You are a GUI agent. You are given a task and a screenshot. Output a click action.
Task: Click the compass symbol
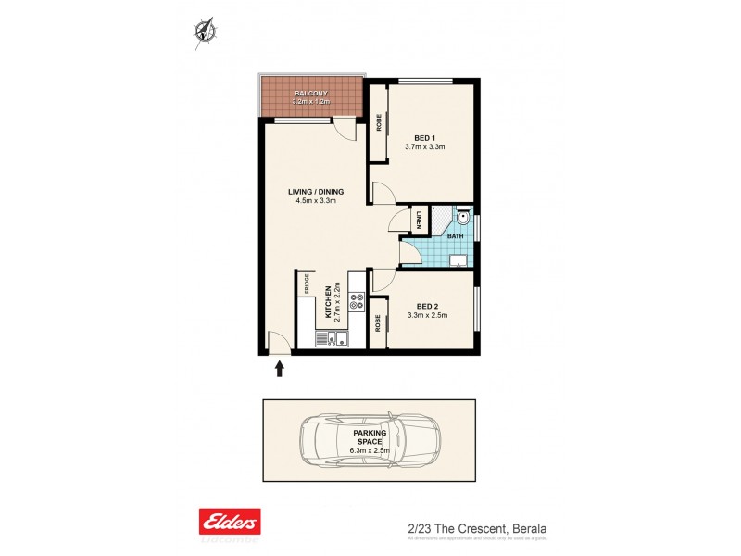204,31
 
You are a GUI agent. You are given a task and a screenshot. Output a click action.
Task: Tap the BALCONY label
309,94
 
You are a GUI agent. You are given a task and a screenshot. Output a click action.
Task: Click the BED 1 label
425,138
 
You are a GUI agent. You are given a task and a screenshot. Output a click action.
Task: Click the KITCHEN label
328,303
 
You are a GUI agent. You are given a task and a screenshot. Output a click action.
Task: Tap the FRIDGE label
304,283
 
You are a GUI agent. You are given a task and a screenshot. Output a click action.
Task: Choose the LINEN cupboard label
420,221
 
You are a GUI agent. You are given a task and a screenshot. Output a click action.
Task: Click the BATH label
456,236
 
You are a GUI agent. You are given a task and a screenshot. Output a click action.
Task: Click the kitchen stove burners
357,300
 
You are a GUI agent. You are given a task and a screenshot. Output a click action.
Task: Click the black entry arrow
279,370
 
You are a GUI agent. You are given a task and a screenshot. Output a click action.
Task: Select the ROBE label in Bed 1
378,122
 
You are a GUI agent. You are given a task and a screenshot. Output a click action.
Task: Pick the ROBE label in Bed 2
378,323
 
